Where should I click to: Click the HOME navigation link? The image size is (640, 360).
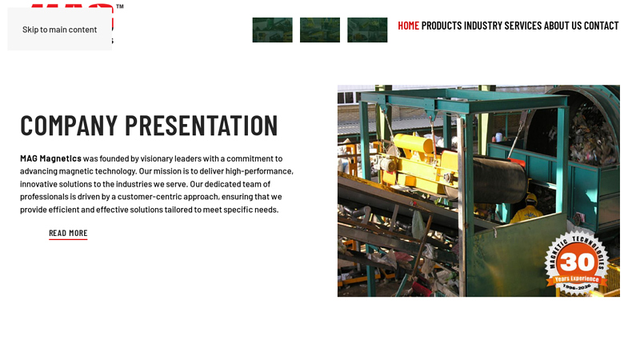[x=408, y=26]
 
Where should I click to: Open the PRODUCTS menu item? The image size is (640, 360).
[x=442, y=26]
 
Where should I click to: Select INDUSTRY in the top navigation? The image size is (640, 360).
[x=483, y=26]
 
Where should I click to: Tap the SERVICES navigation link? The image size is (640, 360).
[x=523, y=26]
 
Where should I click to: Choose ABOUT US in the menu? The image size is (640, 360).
[x=563, y=26]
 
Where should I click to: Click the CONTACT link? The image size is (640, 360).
[x=602, y=26]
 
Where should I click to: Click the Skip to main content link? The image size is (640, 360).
[x=60, y=30]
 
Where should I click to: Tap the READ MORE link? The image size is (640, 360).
[x=68, y=234]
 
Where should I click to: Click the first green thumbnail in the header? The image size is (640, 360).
[x=272, y=30]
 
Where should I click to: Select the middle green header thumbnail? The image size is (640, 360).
[x=320, y=30]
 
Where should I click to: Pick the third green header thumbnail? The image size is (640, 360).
[x=367, y=30]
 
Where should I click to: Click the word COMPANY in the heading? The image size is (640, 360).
[x=69, y=126]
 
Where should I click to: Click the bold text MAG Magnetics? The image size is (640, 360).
[x=50, y=158]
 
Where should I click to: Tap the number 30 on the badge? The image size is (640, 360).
[x=578, y=262]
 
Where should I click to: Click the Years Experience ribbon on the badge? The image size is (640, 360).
[x=577, y=278]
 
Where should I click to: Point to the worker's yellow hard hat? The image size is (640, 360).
[x=531, y=198]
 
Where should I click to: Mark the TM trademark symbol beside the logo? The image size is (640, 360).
[x=119, y=6]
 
